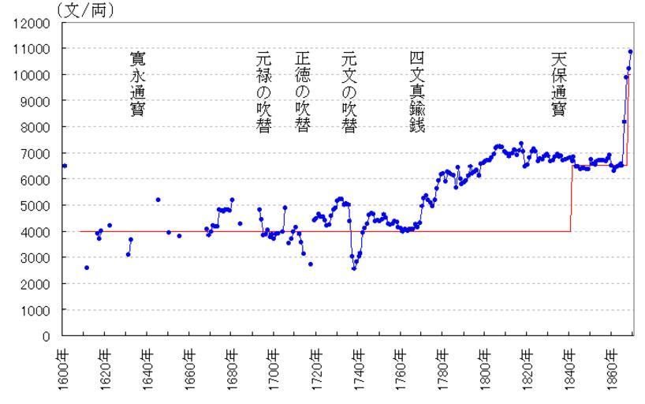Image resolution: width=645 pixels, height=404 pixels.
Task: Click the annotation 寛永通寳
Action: tap(137, 84)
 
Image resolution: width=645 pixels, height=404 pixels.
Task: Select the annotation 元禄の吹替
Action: tap(263, 92)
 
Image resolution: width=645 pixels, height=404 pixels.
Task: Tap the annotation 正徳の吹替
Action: tap(302, 92)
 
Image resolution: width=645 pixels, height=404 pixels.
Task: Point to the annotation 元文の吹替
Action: tap(348, 92)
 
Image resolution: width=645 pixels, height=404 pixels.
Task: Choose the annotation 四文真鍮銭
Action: tap(416, 92)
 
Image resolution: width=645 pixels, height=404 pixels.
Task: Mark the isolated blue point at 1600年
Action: tap(65, 166)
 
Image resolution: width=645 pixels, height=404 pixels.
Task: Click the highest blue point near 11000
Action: tap(630, 52)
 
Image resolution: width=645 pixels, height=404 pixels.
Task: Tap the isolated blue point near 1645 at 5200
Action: tap(158, 200)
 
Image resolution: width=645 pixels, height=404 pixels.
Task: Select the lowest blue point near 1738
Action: tap(354, 268)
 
